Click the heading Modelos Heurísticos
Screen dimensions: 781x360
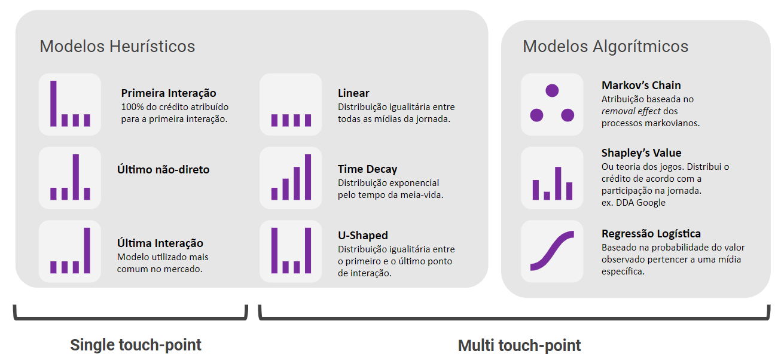[x=117, y=47]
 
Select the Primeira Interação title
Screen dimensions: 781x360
[x=168, y=93]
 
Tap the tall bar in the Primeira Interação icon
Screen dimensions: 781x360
[x=53, y=103]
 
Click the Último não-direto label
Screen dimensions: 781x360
[x=163, y=169]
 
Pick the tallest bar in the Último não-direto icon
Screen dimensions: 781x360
[x=76, y=177]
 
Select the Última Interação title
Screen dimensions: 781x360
[x=160, y=243]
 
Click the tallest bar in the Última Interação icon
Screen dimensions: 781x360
[x=87, y=250]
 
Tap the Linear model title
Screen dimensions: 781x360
[x=353, y=93]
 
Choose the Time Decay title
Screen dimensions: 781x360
[x=367, y=169]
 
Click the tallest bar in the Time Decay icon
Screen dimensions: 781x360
[x=308, y=177]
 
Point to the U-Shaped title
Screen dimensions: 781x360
[x=362, y=235]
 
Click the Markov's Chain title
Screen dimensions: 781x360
[x=641, y=86]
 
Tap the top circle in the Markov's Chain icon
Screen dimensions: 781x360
[x=552, y=91]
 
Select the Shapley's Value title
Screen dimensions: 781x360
[x=641, y=153]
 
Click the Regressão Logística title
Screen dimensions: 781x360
[x=651, y=234]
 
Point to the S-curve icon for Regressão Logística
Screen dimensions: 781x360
[x=552, y=251]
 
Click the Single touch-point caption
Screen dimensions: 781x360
[x=136, y=345]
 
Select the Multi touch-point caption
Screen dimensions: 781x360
[x=519, y=346]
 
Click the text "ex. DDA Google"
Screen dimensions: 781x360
[x=633, y=203]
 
